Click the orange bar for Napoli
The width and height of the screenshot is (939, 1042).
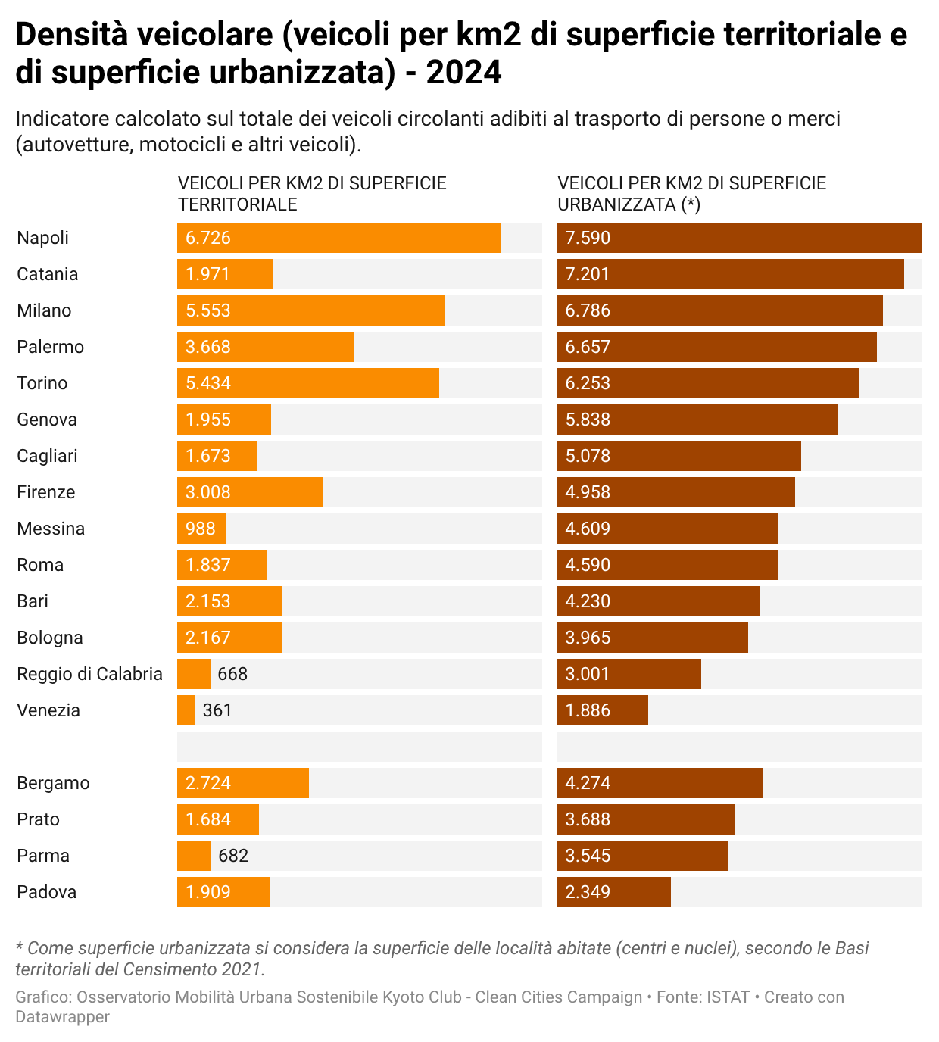click(x=339, y=238)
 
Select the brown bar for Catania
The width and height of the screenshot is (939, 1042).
click(x=731, y=274)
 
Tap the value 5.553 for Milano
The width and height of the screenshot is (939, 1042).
click(x=208, y=310)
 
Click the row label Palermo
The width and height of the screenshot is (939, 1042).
click(x=50, y=347)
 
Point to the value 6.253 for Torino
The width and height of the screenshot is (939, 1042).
click(x=588, y=383)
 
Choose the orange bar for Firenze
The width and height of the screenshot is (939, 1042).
click(x=250, y=492)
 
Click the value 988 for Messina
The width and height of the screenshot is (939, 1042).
click(x=201, y=529)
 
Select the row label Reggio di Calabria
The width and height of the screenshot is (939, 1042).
click(x=89, y=674)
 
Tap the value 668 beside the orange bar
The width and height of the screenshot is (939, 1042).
click(x=232, y=674)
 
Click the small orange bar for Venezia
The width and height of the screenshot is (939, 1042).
click(x=186, y=710)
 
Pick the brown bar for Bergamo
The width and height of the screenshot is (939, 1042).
click(x=660, y=783)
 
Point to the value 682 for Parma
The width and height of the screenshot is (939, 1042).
click(x=233, y=856)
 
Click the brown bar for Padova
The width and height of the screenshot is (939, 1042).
click(x=614, y=892)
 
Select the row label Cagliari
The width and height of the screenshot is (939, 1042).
click(x=47, y=456)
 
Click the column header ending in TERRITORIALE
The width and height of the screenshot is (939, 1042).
click(x=312, y=194)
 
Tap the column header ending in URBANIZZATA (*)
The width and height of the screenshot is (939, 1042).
click(x=691, y=194)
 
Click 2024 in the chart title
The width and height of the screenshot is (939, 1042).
click(x=464, y=73)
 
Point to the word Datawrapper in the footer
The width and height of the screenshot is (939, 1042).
click(x=62, y=1017)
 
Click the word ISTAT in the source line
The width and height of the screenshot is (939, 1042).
click(x=728, y=997)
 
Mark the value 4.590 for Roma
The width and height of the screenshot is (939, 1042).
click(x=588, y=565)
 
